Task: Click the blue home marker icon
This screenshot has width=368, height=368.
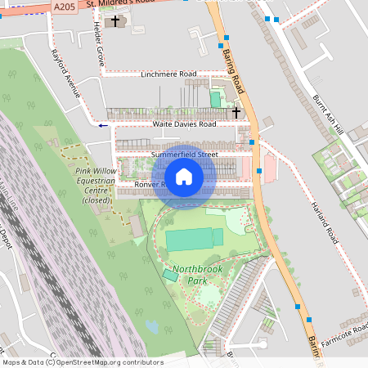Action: (x=184, y=177)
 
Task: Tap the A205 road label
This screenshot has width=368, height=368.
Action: (x=64, y=6)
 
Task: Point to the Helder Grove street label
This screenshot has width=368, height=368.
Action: (x=99, y=44)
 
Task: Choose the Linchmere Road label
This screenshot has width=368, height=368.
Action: (x=168, y=74)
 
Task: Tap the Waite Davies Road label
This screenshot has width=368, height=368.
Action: (x=184, y=124)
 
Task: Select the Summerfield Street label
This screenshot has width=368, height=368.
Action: (x=185, y=154)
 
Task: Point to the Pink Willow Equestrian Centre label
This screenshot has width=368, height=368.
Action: (x=92, y=181)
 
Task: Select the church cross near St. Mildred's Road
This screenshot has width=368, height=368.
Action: (x=116, y=20)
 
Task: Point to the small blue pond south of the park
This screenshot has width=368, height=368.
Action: (x=153, y=327)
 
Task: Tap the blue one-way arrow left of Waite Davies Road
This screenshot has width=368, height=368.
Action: (x=102, y=125)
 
